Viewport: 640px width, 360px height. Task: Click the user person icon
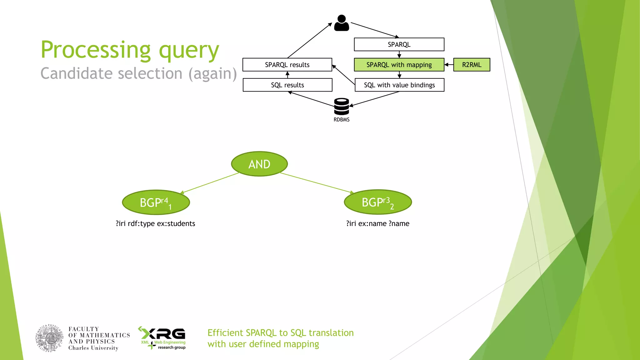coord(341,23)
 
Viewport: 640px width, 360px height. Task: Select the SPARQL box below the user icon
coord(399,44)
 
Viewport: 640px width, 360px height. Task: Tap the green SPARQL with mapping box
coord(399,65)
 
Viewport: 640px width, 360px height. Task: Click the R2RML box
coord(471,65)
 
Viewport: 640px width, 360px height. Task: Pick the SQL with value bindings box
coord(399,85)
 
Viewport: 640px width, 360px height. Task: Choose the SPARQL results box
coord(287,65)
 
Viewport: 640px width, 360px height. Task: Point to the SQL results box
coord(287,85)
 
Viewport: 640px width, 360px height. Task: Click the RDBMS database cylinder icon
coord(341,107)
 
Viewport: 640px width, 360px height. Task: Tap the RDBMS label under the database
coord(341,120)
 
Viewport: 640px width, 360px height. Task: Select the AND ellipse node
coord(259,164)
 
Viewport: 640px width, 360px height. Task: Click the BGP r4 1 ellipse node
coord(156,202)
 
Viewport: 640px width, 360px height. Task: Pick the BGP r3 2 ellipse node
coord(377,202)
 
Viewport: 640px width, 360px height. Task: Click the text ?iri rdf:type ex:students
coord(155,223)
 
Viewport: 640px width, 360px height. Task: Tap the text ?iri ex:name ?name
coord(377,223)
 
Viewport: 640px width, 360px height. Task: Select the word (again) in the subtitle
coord(212,74)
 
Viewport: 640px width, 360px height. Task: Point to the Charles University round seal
coord(49,338)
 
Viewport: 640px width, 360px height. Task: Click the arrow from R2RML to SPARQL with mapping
coord(449,65)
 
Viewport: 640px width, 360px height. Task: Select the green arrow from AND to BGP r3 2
coord(316,182)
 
